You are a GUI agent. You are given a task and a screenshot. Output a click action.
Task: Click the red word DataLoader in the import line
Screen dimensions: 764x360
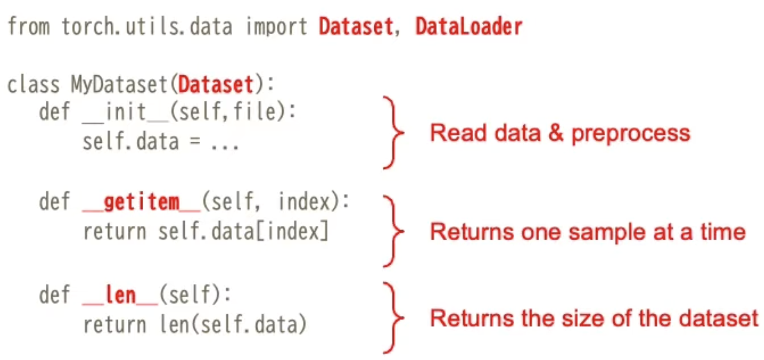click(x=468, y=27)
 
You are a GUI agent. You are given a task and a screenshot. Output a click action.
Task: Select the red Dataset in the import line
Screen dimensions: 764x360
click(x=355, y=27)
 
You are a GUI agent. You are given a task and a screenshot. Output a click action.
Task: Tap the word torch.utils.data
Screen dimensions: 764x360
click(x=147, y=27)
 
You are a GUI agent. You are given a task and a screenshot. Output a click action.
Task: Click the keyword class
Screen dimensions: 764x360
click(x=33, y=84)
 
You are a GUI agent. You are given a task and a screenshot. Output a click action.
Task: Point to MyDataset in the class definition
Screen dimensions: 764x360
click(x=119, y=84)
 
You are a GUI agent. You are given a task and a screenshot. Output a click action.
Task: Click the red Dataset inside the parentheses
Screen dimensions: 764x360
click(x=216, y=84)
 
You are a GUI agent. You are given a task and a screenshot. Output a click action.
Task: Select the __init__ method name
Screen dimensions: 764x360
click(x=125, y=112)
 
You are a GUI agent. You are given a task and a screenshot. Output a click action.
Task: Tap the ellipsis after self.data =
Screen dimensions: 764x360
click(x=224, y=143)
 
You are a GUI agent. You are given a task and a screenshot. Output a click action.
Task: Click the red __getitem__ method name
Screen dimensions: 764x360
click(x=141, y=202)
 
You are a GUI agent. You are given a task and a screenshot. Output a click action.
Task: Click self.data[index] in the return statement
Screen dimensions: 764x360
click(x=244, y=232)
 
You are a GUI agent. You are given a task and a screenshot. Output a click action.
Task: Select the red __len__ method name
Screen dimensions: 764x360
click(x=120, y=295)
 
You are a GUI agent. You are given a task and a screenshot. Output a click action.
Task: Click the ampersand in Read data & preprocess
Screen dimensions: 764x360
click(x=556, y=133)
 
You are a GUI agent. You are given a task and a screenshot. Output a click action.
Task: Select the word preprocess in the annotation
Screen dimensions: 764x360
click(x=630, y=134)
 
